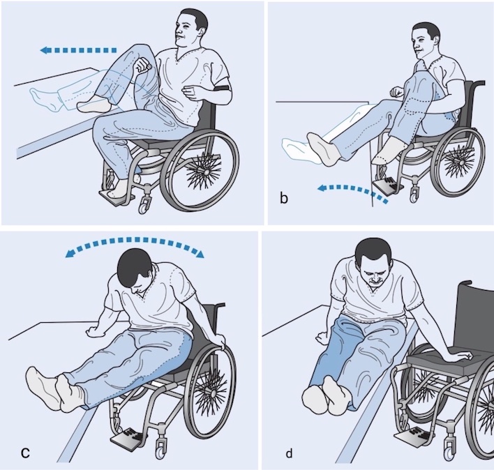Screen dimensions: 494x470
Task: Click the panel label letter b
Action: click(x=283, y=199)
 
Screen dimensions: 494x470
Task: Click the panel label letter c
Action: click(x=25, y=453)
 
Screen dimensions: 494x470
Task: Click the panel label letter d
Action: click(x=289, y=453)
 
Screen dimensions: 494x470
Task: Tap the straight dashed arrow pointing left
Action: click(x=78, y=50)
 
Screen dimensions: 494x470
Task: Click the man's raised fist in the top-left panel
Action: click(x=143, y=65)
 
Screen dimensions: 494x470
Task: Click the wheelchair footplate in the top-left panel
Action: click(x=117, y=196)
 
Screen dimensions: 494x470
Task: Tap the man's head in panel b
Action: click(x=426, y=42)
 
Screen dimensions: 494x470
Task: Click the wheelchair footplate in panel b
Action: click(x=387, y=185)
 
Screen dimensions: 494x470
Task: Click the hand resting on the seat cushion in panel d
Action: click(x=461, y=356)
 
